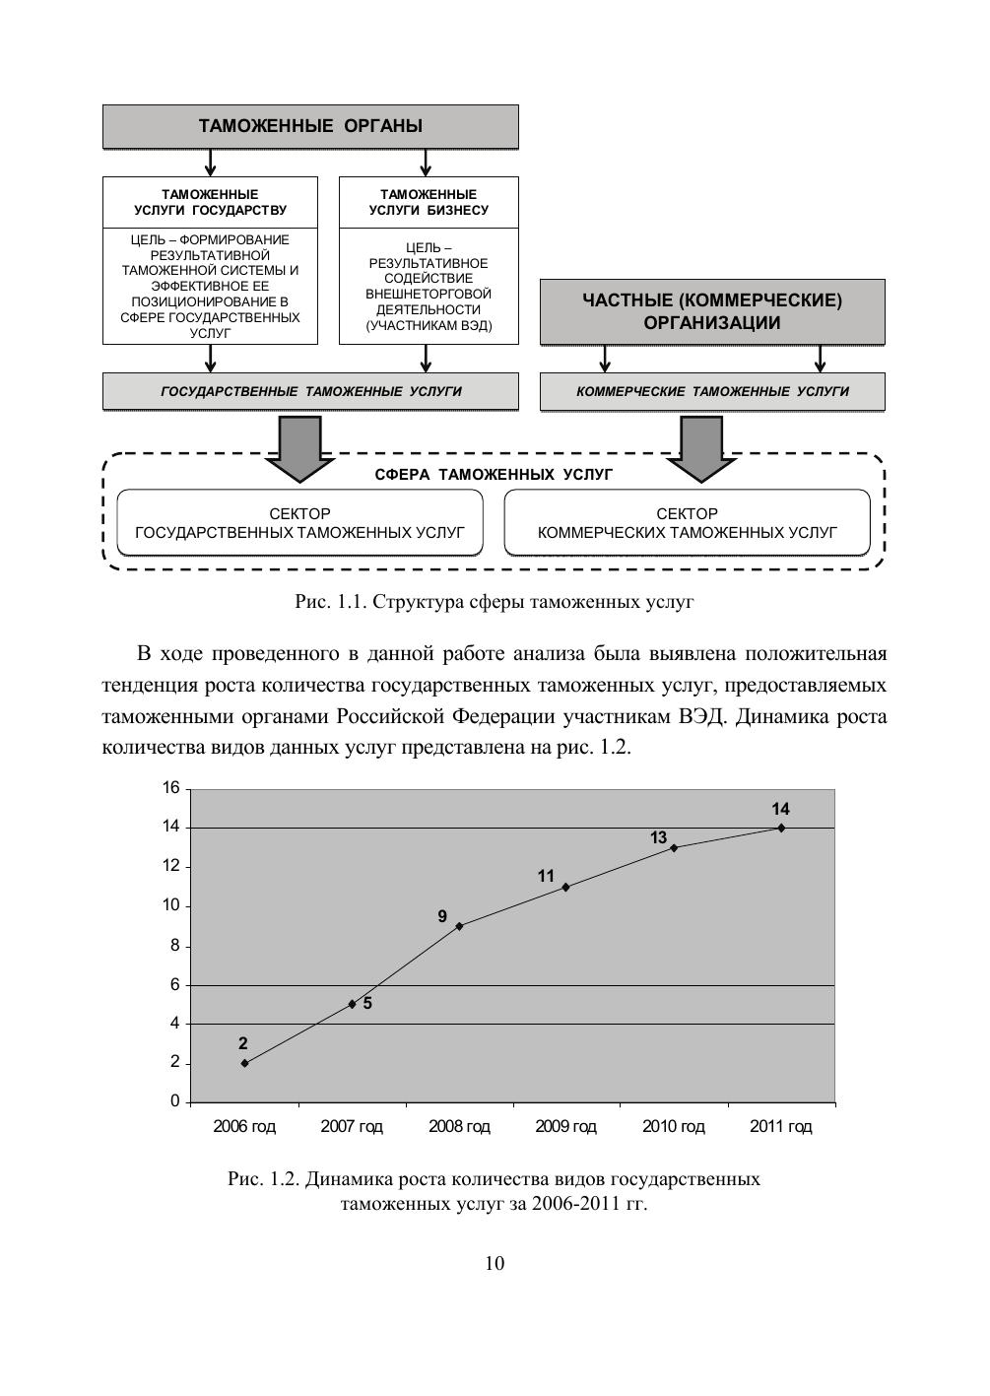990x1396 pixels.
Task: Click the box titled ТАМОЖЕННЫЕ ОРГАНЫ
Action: click(310, 126)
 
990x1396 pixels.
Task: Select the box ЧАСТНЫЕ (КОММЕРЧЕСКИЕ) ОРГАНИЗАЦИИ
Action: click(712, 311)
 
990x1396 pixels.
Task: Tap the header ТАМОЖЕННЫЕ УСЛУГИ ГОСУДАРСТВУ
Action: click(210, 202)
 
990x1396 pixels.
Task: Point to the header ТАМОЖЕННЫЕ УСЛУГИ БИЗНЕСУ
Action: click(429, 202)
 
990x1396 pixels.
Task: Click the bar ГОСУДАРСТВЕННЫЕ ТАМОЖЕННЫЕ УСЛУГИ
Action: click(310, 391)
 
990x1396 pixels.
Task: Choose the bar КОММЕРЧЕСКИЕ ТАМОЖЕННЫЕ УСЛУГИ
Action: click(712, 391)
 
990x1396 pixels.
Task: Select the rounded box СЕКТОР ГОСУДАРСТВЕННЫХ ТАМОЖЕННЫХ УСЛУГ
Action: click(300, 523)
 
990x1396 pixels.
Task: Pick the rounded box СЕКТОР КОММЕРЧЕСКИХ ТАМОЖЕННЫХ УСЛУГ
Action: click(688, 523)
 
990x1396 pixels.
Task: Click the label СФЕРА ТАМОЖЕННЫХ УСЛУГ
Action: click(494, 475)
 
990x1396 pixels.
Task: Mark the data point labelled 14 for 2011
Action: click(781, 828)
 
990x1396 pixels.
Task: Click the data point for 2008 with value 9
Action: click(460, 926)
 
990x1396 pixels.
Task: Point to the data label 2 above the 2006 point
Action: click(243, 1043)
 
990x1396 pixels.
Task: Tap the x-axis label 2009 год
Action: click(566, 1126)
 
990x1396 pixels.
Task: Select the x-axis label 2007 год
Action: click(352, 1126)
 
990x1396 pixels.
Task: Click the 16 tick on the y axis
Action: click(171, 788)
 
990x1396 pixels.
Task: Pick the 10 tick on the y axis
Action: click(171, 905)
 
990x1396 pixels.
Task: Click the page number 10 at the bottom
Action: click(495, 1264)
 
